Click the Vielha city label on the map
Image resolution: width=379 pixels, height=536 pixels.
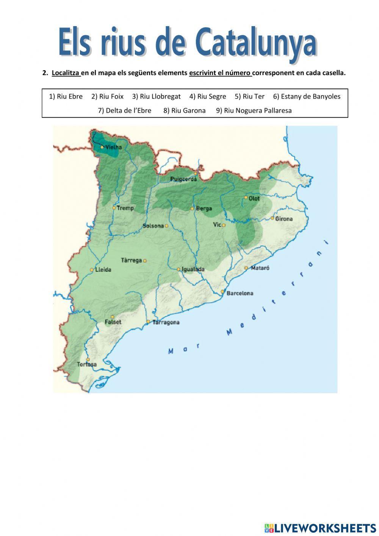pyautogui.click(x=114, y=147)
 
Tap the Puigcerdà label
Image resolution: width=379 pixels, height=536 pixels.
pyautogui.click(x=183, y=179)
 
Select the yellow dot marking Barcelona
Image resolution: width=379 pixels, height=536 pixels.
pyautogui.click(x=223, y=292)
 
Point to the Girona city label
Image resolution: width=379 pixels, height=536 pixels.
pyautogui.click(x=284, y=219)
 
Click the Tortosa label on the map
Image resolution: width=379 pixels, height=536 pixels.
pyautogui.click(x=87, y=365)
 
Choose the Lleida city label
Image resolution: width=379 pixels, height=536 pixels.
pyautogui.click(x=103, y=270)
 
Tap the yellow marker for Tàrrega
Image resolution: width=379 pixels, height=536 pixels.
pyautogui.click(x=145, y=261)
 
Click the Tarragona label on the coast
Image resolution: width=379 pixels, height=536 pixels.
pyautogui.click(x=166, y=322)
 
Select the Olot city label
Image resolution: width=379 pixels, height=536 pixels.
pyautogui.click(x=254, y=198)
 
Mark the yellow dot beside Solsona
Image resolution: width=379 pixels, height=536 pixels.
pyautogui.click(x=166, y=226)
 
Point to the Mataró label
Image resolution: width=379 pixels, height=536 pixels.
pyautogui.click(x=260, y=268)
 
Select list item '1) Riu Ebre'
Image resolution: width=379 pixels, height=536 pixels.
pyautogui.click(x=66, y=96)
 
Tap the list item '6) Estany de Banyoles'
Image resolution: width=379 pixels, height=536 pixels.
pyautogui.click(x=307, y=96)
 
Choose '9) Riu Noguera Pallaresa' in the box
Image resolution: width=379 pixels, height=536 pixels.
pyautogui.click(x=254, y=110)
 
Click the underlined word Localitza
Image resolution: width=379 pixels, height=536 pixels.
pyautogui.click(x=66, y=73)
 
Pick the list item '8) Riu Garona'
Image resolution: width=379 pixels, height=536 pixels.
pyautogui.click(x=184, y=110)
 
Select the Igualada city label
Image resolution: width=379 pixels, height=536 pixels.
pyautogui.click(x=193, y=269)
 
